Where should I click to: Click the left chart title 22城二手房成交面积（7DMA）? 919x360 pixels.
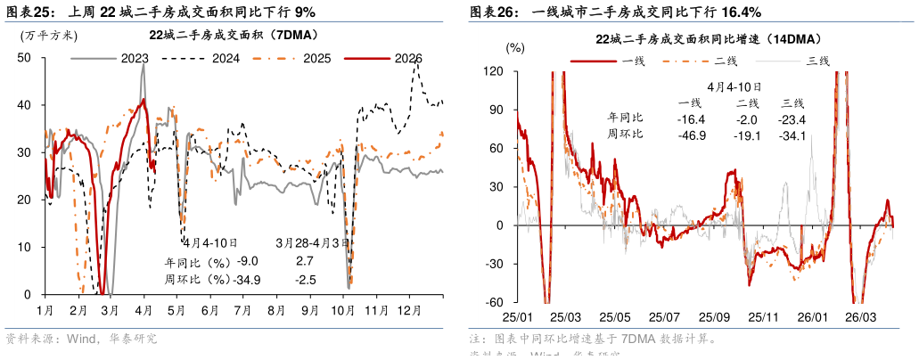click(234, 36)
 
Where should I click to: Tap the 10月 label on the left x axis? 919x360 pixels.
click(343, 311)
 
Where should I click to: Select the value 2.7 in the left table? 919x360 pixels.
click(303, 262)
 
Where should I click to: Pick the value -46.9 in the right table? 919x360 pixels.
click(691, 135)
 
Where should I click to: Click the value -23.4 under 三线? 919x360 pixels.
click(792, 119)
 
